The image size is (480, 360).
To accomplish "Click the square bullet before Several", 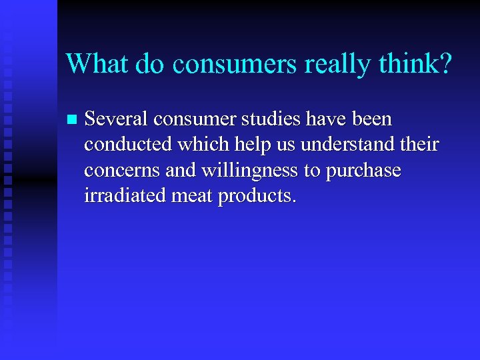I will point(71,120).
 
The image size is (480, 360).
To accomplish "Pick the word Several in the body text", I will point(117,119).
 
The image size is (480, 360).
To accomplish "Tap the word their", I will point(419,145).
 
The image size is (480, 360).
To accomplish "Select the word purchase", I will point(363,171).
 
